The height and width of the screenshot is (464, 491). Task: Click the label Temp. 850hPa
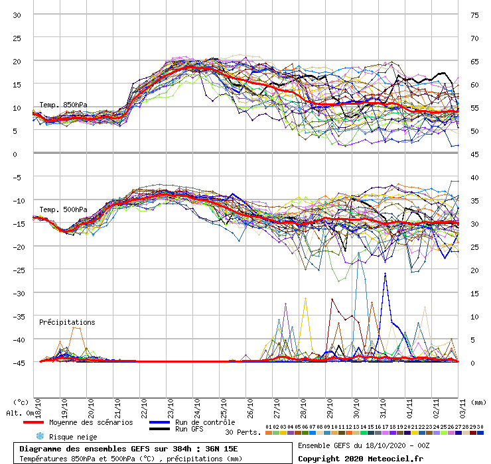63,105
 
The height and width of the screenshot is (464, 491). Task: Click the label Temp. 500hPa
63,210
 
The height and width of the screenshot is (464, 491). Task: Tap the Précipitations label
67,323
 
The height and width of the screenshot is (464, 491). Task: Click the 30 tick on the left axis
17,15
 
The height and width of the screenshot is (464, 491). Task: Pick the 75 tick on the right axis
474,15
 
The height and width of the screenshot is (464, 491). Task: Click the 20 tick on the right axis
474,270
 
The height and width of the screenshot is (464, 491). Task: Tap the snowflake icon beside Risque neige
40,436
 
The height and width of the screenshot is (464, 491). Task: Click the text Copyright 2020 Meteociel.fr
360,458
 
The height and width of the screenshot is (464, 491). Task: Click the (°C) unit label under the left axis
21,402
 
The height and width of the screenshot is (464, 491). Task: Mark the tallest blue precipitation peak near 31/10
385,274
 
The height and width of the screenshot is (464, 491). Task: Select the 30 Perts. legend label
242,432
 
